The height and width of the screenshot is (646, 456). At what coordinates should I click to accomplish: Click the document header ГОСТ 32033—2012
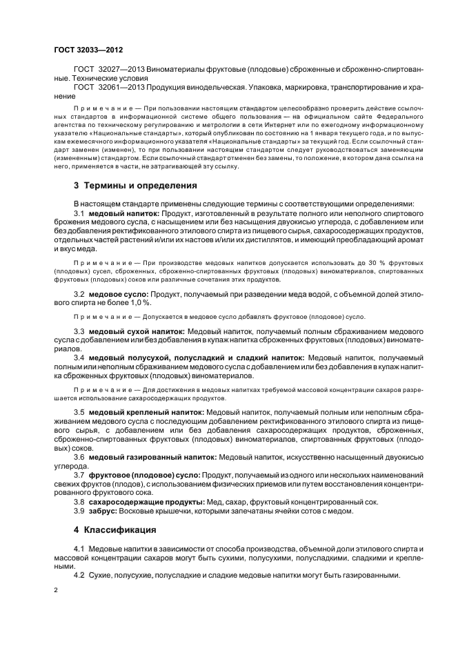tap(84, 50)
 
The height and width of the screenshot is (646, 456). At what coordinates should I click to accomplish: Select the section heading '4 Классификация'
tap(114, 531)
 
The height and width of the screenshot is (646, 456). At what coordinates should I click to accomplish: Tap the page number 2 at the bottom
tap(56, 591)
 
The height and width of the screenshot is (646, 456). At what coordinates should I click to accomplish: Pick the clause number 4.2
tap(79, 574)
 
